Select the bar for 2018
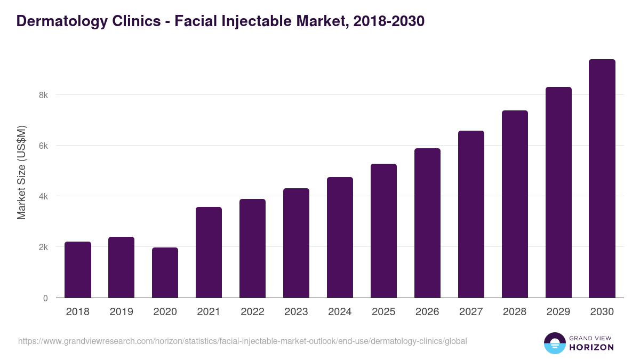tap(78, 270)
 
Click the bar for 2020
tap(165, 273)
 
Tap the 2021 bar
tap(209, 252)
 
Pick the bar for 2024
tap(340, 237)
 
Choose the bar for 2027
tap(471, 214)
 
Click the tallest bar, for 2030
tap(602, 179)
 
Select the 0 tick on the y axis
tap(45, 298)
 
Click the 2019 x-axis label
tap(122, 312)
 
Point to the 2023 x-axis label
tap(297, 312)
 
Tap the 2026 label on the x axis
tap(427, 312)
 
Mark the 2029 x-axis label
tap(558, 312)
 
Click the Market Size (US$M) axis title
tap(21, 172)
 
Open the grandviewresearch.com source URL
tap(243, 341)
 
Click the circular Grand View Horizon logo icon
tap(555, 343)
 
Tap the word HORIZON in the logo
tap(591, 347)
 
